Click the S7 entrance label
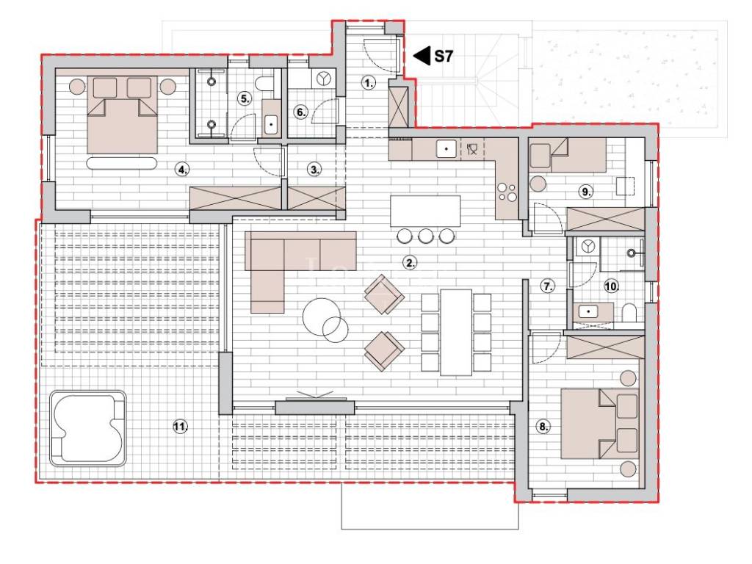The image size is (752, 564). point(444,56)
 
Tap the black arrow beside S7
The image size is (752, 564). point(422,56)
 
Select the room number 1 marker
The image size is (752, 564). point(369,84)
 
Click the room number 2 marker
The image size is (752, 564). point(410,262)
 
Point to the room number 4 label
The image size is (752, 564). point(182,170)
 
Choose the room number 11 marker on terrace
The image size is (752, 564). point(181,426)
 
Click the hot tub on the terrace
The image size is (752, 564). point(88,428)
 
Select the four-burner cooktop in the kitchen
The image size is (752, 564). point(507,192)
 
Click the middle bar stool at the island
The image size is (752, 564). point(426,236)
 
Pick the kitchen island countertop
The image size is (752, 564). point(425,211)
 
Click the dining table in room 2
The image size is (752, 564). point(456,332)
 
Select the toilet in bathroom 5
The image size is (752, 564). point(264,85)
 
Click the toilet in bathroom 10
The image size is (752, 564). point(629,313)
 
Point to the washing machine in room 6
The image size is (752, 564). point(324,79)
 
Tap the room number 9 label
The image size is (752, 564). point(586,192)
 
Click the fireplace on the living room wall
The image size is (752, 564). point(315,405)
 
